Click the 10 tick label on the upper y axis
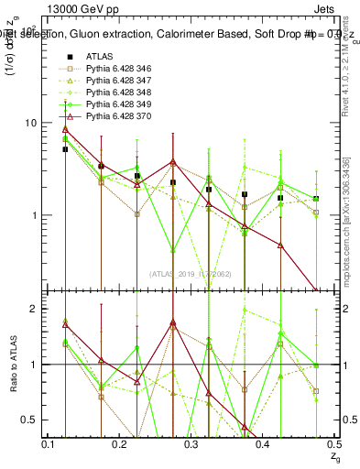pyautogui.click(x=30, y=123)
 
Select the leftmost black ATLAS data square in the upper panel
pyautogui.click(x=65, y=149)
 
